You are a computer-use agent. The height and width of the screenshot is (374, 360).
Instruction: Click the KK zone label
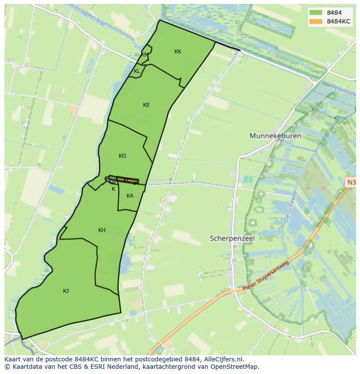click(177, 52)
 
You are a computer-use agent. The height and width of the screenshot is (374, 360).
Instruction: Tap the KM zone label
click(145, 55)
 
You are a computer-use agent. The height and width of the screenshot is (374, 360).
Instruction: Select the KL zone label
click(137, 71)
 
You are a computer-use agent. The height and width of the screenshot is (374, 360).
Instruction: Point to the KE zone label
click(146, 105)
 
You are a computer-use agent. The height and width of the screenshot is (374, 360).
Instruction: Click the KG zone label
click(122, 156)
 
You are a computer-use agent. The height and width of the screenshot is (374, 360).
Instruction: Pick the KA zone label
click(130, 196)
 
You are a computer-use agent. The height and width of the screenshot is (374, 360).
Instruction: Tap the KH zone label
click(102, 230)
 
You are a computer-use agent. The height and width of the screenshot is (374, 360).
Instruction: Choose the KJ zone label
click(66, 291)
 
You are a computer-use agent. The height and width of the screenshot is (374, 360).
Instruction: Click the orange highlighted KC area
click(127, 180)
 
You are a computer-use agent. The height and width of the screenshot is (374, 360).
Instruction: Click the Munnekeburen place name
click(275, 136)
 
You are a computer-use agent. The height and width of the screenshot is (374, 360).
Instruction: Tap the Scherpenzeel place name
click(232, 238)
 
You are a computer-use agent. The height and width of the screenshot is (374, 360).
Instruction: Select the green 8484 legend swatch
click(316, 13)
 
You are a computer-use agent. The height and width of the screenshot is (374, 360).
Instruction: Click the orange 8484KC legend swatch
click(316, 21)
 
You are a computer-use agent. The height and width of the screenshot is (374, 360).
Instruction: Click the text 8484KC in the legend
click(339, 21)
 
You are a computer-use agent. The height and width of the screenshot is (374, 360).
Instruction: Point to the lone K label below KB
click(113, 189)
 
